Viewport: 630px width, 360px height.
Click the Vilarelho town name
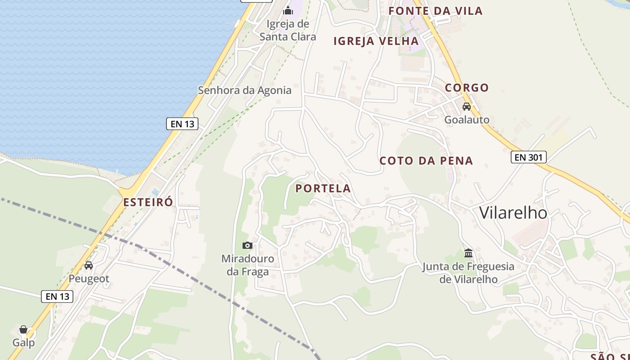[x=513, y=212]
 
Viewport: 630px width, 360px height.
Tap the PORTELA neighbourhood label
[x=323, y=189]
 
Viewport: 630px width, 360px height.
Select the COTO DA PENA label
[x=426, y=161]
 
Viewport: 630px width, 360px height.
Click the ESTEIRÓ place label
[x=148, y=202]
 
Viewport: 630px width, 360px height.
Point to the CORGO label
[x=467, y=88]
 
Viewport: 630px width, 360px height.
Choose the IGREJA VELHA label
[x=376, y=41]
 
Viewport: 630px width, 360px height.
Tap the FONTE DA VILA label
[x=435, y=11]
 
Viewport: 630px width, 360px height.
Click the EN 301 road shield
[x=529, y=157]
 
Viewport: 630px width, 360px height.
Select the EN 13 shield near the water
[x=182, y=124]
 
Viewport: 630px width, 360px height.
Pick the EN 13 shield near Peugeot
[x=57, y=296]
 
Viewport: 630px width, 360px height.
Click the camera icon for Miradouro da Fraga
[x=247, y=245]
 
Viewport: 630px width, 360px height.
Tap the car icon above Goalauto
[x=467, y=107]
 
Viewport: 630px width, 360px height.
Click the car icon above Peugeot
[x=89, y=265]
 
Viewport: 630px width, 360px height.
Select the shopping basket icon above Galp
[x=23, y=330]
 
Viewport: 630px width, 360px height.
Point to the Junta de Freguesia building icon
[x=468, y=253]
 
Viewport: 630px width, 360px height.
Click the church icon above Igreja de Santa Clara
[x=288, y=10]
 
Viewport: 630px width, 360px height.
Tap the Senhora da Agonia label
[x=245, y=90]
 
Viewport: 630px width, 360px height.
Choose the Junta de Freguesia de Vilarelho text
[x=468, y=273]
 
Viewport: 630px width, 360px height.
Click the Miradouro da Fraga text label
[x=247, y=265]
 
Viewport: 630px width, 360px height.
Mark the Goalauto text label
[x=467, y=120]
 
